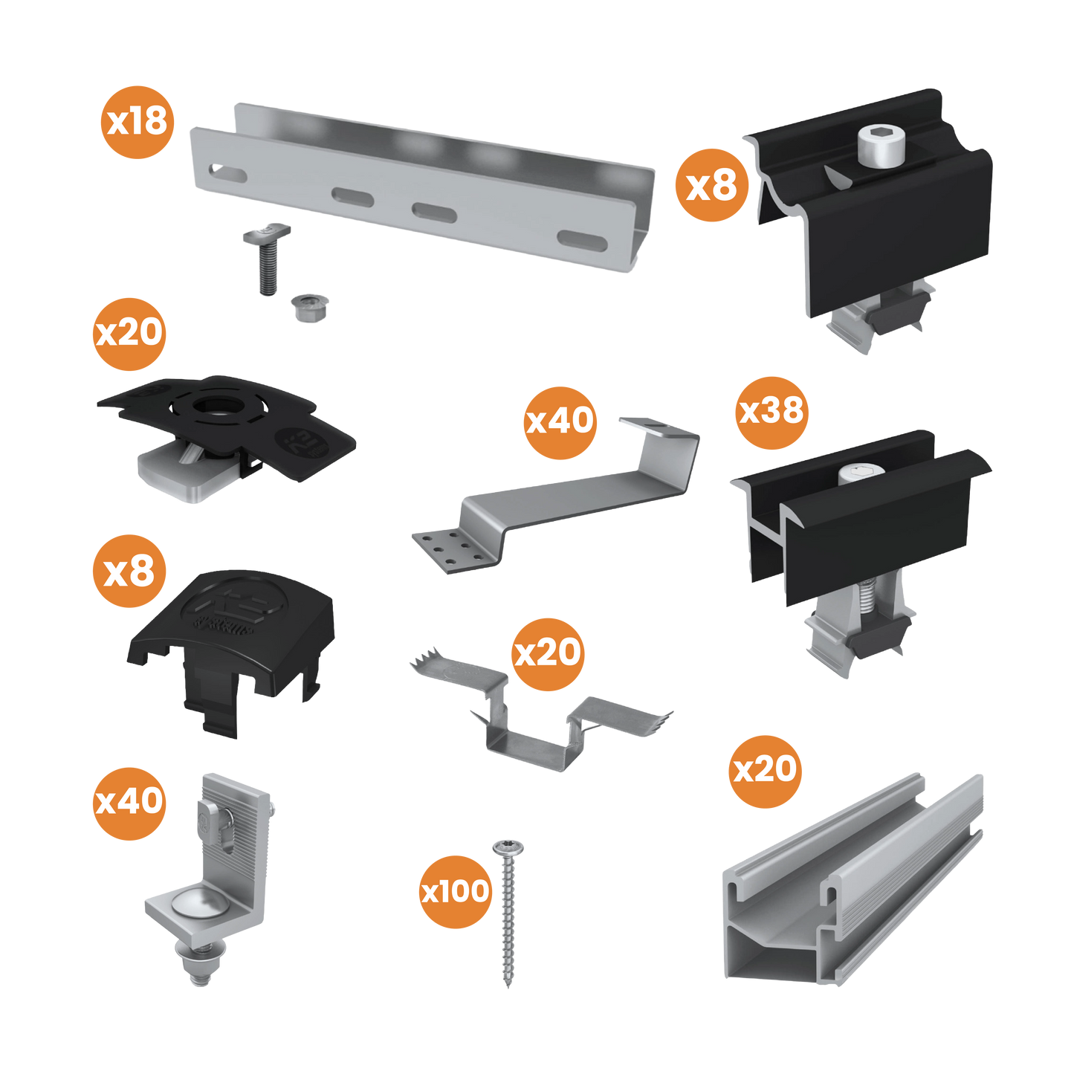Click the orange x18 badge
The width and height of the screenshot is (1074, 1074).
click(x=138, y=122)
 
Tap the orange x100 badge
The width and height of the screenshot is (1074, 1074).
click(x=455, y=891)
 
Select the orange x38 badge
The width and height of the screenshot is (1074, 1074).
click(x=771, y=412)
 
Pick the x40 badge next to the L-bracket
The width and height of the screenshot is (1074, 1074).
click(x=129, y=803)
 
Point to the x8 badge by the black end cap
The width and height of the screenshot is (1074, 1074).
click(x=129, y=572)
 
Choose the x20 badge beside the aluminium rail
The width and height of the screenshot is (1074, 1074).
click(x=765, y=771)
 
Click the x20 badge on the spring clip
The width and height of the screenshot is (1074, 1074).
click(x=549, y=654)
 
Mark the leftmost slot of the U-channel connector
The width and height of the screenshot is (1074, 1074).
click(x=229, y=175)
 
